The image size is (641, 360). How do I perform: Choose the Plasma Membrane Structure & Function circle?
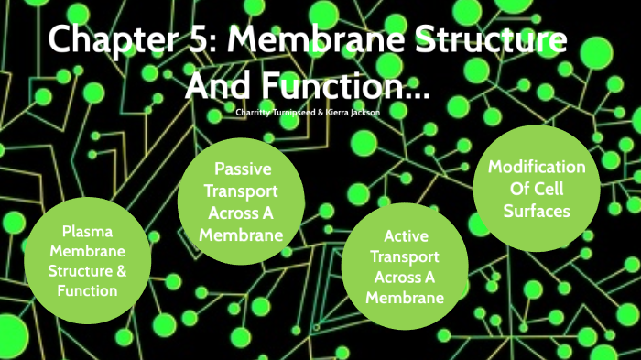coord(87,261)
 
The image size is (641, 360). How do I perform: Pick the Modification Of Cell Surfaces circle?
coord(536,190)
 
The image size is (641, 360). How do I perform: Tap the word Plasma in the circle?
coord(87,231)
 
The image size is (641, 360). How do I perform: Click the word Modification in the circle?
coord(536,167)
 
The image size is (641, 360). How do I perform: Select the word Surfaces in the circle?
coord(536,211)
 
